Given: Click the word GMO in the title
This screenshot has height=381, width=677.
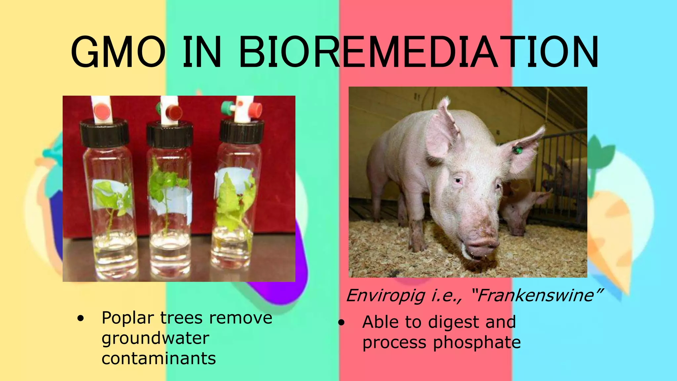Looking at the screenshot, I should pos(118,52).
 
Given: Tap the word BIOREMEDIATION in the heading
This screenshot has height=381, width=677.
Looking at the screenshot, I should pos(418,52).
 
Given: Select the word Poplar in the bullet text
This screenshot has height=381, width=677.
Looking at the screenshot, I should pos(128,318).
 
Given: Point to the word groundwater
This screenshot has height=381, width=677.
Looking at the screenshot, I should pos(155,338).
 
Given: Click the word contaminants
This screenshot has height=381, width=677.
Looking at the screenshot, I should pos(159,359).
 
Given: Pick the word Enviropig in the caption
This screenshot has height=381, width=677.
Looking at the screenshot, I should pos(385,295).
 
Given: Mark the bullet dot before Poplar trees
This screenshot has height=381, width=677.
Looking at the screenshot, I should pos(80,319).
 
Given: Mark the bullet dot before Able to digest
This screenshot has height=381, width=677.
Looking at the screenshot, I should pos(341,322).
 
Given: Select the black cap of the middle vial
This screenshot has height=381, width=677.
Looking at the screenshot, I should pos(170,134).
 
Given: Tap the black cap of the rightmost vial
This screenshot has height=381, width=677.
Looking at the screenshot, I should pos(242,132).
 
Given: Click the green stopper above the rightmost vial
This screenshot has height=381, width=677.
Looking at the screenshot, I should pos(227,106).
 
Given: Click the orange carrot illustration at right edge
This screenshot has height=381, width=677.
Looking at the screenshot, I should pos(612,232).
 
